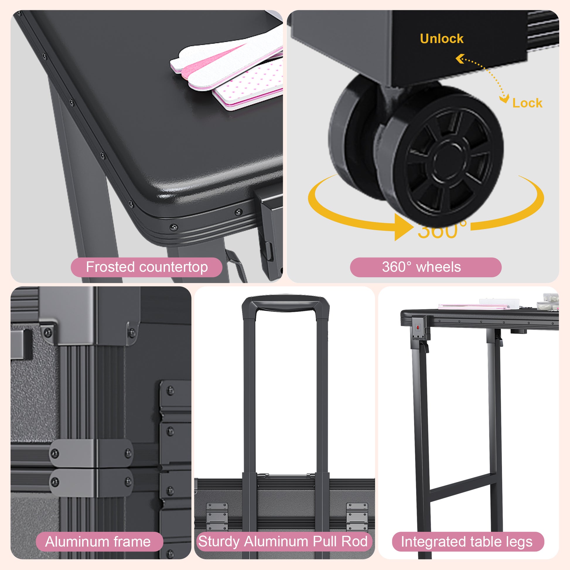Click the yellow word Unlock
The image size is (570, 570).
click(x=441, y=39)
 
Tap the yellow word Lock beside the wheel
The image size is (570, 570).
click(x=527, y=103)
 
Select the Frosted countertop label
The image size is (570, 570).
click(x=147, y=267)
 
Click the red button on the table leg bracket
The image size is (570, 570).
click(x=418, y=327)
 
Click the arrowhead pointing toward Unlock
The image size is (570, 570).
click(x=460, y=59)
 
